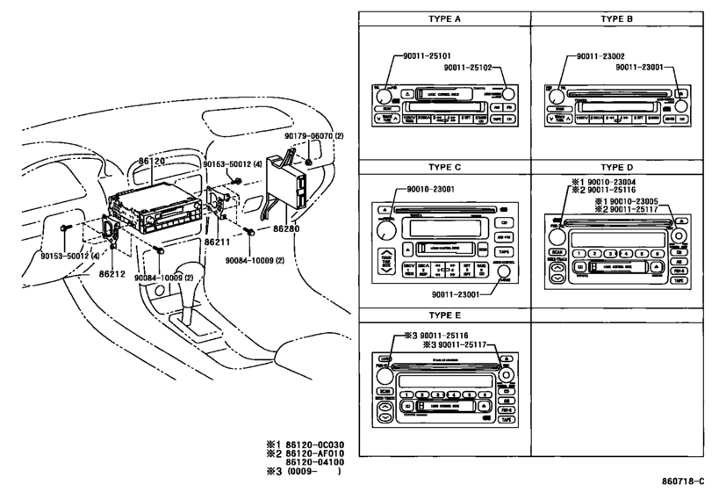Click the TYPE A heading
coord(442,17)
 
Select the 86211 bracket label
coord(219,240)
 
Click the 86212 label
coord(113,274)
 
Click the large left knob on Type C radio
coord(384,231)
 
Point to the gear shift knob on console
coord(190,271)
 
